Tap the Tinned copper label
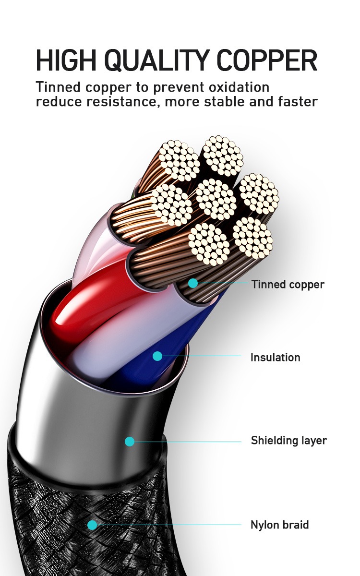pos(288,285)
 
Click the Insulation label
pos(275,358)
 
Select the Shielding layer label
pos(288,441)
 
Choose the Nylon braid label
pos(279,525)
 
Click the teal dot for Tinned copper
pos(192,283)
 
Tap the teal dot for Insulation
pos(157,356)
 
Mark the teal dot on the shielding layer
pos(130,441)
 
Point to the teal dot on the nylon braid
pos(92,525)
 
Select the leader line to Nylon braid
pos(168,525)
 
